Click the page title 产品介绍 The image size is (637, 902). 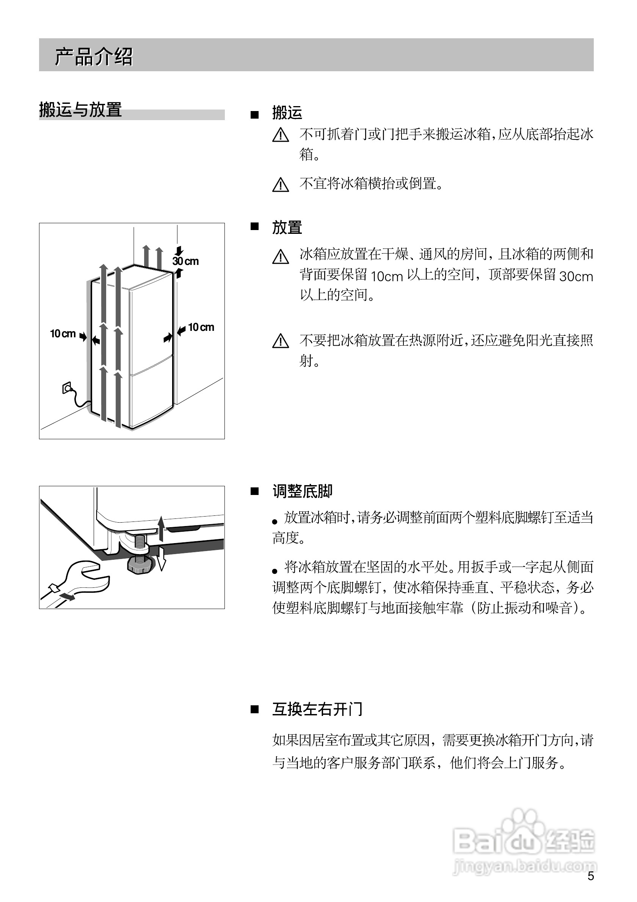(94, 56)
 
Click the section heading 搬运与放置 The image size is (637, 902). (80, 110)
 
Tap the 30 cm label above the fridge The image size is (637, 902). (186, 261)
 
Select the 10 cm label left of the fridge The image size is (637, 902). (63, 334)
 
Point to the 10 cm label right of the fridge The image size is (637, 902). (201, 327)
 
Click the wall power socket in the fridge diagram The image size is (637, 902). (67, 388)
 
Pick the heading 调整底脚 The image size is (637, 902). (302, 492)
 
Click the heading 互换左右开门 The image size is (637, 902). (317, 709)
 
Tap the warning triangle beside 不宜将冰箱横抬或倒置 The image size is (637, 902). (280, 185)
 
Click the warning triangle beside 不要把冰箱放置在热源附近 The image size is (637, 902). (280, 341)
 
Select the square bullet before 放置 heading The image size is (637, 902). (255, 226)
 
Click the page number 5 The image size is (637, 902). (591, 887)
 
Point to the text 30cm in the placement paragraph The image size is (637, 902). (576, 277)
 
